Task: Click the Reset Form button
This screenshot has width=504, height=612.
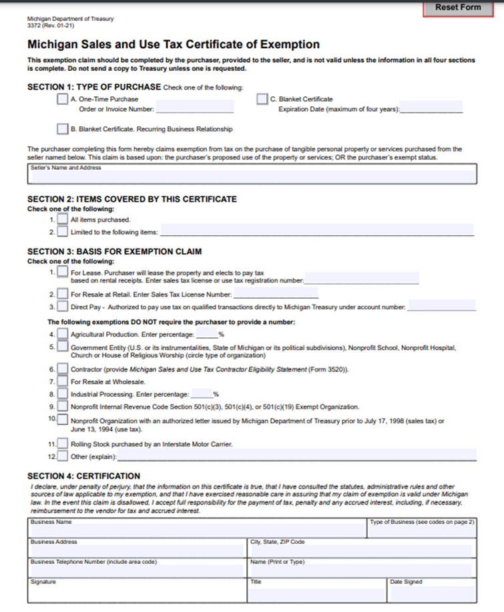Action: point(457,7)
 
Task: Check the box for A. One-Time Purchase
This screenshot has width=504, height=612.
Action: point(62,99)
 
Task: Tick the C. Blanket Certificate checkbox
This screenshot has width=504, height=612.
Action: point(262,99)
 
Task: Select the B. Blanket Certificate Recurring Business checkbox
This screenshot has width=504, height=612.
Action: point(62,128)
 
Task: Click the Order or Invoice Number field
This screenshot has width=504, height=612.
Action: point(194,108)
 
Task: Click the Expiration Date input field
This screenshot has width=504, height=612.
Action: point(431,108)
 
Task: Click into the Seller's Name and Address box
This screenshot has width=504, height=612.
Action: point(252,176)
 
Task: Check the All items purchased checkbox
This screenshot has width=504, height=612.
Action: point(62,219)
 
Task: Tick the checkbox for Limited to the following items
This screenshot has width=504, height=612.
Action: point(62,232)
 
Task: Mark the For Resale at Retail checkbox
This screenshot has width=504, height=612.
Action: point(62,294)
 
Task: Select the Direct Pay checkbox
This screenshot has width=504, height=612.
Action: point(62,307)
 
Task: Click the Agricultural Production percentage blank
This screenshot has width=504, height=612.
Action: point(206,333)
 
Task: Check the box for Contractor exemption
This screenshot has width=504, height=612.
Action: point(62,369)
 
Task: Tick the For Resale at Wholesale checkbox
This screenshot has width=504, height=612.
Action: point(62,381)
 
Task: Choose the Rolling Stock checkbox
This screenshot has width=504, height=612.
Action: point(62,444)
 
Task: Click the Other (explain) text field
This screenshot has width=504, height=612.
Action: point(296,456)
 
